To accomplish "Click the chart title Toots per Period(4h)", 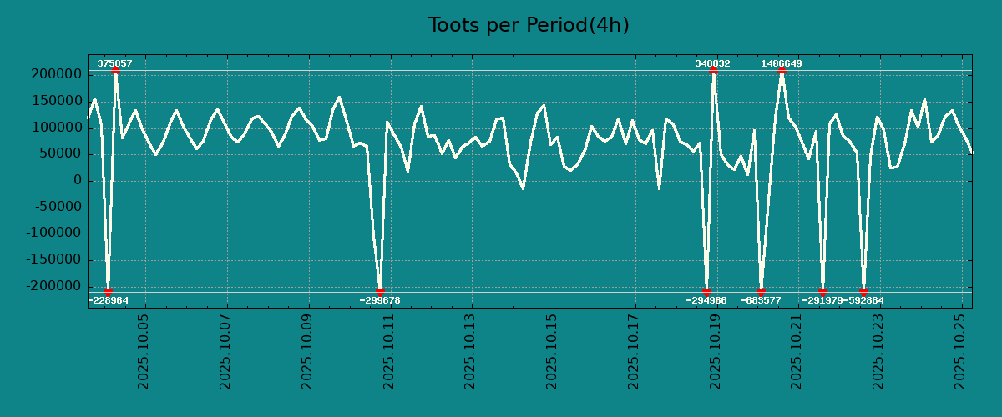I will pyautogui.click(x=529, y=25).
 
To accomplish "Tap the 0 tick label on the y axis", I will pyautogui.click(x=78, y=180).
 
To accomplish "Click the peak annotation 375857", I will pyautogui.click(x=114, y=63).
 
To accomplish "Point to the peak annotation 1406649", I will pyautogui.click(x=781, y=63).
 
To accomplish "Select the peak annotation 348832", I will pyautogui.click(x=712, y=63).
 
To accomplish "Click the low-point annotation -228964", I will pyautogui.click(x=109, y=300).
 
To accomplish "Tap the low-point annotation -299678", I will pyautogui.click(x=380, y=300).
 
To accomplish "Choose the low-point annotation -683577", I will pyautogui.click(x=761, y=300).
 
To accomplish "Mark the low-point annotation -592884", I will pyautogui.click(x=863, y=300).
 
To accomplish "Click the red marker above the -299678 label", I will pyautogui.click(x=380, y=292).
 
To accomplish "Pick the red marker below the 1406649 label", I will pyautogui.click(x=782, y=71).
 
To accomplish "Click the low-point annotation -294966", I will pyautogui.click(x=706, y=300).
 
